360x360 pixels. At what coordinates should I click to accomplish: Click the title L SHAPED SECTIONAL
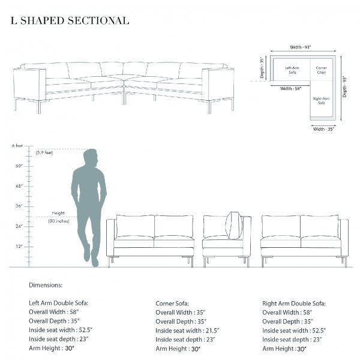tap(70, 20)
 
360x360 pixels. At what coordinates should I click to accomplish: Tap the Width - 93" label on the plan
tap(301, 47)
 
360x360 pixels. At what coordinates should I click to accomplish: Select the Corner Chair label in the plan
tap(321, 70)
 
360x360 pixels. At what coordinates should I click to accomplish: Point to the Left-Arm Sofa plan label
tap(292, 70)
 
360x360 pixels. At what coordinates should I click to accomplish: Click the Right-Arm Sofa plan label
tap(321, 101)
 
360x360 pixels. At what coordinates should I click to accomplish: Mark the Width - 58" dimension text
tap(290, 88)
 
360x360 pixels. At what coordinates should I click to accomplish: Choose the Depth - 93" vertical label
tap(344, 87)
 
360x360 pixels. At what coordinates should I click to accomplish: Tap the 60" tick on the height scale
tap(19, 166)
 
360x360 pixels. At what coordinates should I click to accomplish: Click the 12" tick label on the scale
tap(19, 247)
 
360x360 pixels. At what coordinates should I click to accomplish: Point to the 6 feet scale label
tap(17, 146)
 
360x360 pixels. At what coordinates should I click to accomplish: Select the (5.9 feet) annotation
tap(44, 152)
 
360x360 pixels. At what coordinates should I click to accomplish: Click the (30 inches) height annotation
tap(59, 221)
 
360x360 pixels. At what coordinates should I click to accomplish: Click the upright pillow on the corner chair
tap(234, 225)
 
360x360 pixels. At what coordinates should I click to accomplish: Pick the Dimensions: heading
tap(46, 285)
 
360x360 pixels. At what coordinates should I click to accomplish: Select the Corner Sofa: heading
tap(172, 304)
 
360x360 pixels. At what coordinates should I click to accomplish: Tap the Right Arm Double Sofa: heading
tap(294, 304)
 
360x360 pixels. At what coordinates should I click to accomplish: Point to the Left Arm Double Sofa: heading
tap(59, 303)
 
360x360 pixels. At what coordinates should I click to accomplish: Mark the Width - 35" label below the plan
tap(323, 129)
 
